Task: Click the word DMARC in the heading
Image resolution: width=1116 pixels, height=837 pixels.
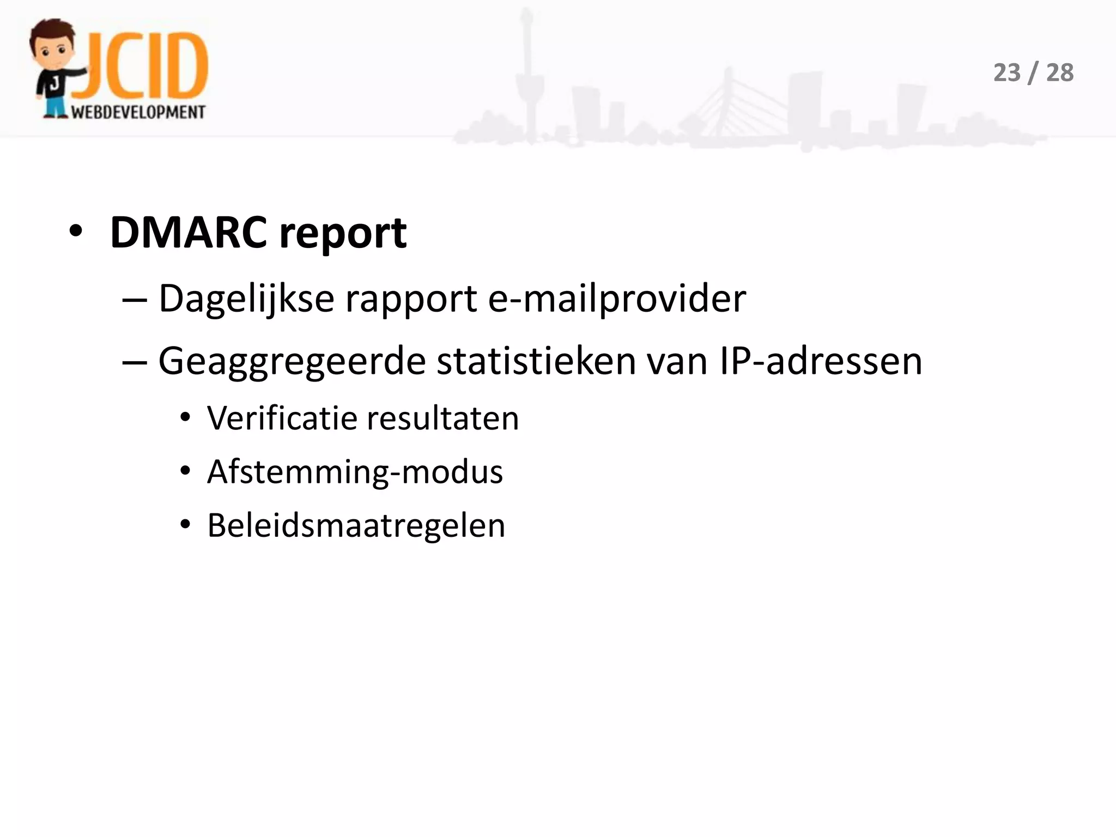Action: coord(188,233)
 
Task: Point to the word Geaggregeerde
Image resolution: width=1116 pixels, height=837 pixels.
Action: coord(292,361)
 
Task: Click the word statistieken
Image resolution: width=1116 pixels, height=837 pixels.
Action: coord(536,361)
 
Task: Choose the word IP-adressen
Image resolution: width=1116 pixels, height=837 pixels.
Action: coord(821,361)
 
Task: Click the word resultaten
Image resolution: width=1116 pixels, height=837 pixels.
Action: coord(443,418)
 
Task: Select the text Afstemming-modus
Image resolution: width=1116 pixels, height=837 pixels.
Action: coord(355,472)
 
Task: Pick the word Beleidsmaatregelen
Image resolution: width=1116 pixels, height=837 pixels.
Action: coord(356,526)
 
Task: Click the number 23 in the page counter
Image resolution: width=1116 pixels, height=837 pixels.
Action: coord(1006,73)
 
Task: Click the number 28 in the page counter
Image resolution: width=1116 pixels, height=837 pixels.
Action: coord(1059,73)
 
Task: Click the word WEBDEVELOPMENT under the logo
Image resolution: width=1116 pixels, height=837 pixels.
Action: coord(138,112)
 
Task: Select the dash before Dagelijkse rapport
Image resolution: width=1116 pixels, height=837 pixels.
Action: coord(135,300)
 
